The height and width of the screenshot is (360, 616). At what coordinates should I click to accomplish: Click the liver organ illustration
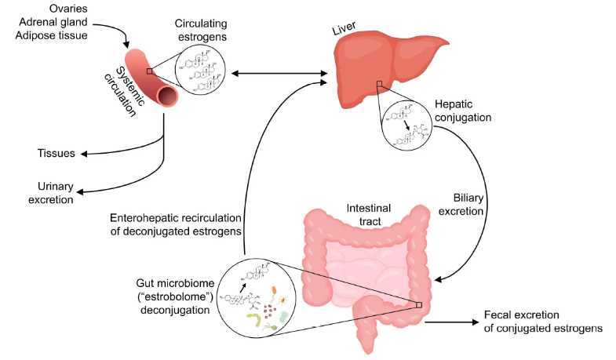(392, 63)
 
